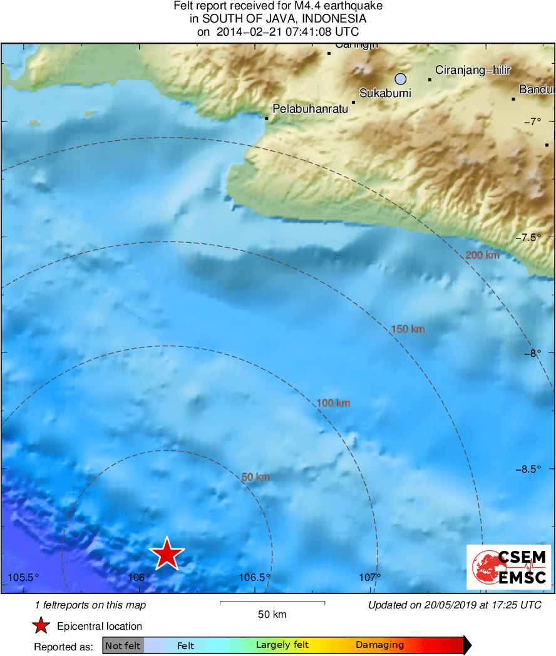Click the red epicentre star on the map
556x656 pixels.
point(167,554)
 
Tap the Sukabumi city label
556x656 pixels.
point(385,93)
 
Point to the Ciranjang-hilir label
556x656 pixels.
point(473,70)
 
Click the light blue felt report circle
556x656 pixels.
point(401,79)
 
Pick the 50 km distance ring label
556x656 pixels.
point(255,477)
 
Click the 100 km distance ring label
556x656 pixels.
point(333,403)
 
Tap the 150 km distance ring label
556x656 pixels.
point(408,329)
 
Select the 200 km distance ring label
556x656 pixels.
point(482,255)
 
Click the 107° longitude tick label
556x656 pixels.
point(371,577)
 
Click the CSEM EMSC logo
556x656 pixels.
point(508,567)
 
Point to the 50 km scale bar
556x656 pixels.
point(272,603)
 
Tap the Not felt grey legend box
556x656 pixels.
point(123,645)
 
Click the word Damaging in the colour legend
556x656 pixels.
point(379,645)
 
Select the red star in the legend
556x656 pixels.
point(41,626)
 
